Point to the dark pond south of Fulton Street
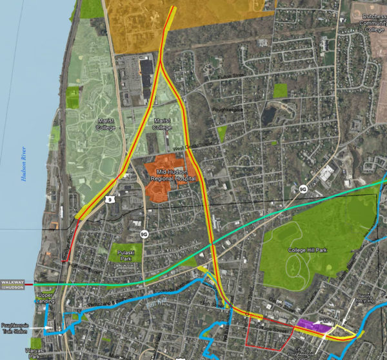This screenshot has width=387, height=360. click(269, 115)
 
